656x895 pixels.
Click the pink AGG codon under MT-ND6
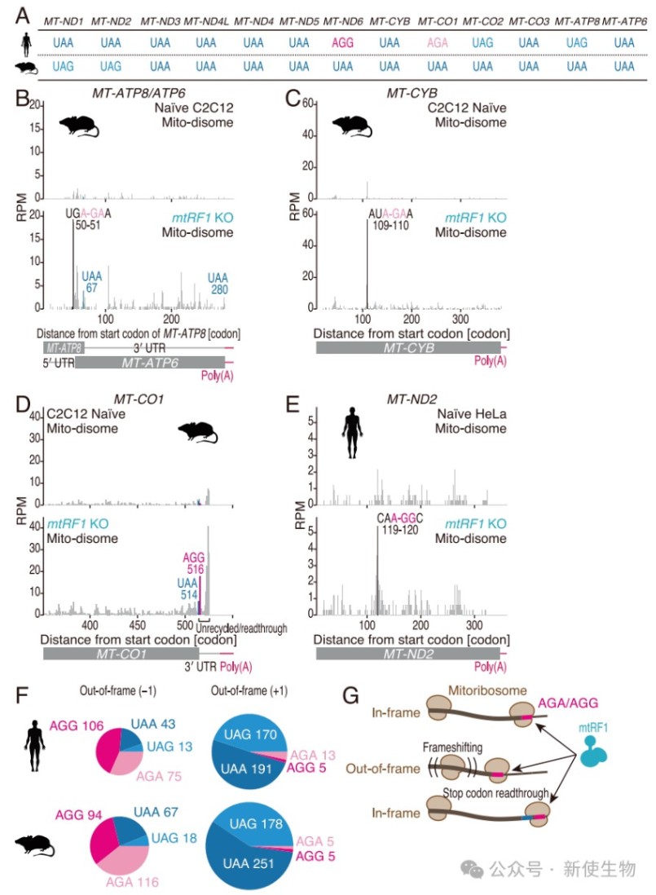342,43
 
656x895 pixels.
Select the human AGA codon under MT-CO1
437,43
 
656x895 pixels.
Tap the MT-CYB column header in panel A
390,22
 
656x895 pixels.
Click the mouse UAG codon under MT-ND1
63,67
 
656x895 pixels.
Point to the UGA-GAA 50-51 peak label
88,219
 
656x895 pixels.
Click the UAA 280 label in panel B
218,283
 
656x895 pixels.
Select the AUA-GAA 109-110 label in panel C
390,219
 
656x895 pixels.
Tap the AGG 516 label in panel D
194,563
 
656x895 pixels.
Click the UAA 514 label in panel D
187,589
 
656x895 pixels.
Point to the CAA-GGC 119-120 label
400,524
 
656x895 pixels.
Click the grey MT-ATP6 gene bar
150,363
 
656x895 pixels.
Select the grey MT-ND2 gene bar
408,654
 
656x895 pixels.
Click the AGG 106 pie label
77,726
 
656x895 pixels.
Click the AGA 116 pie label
132,882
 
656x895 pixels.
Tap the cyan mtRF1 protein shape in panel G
593,752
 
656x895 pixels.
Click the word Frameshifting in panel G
452,747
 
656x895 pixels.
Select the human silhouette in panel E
352,433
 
